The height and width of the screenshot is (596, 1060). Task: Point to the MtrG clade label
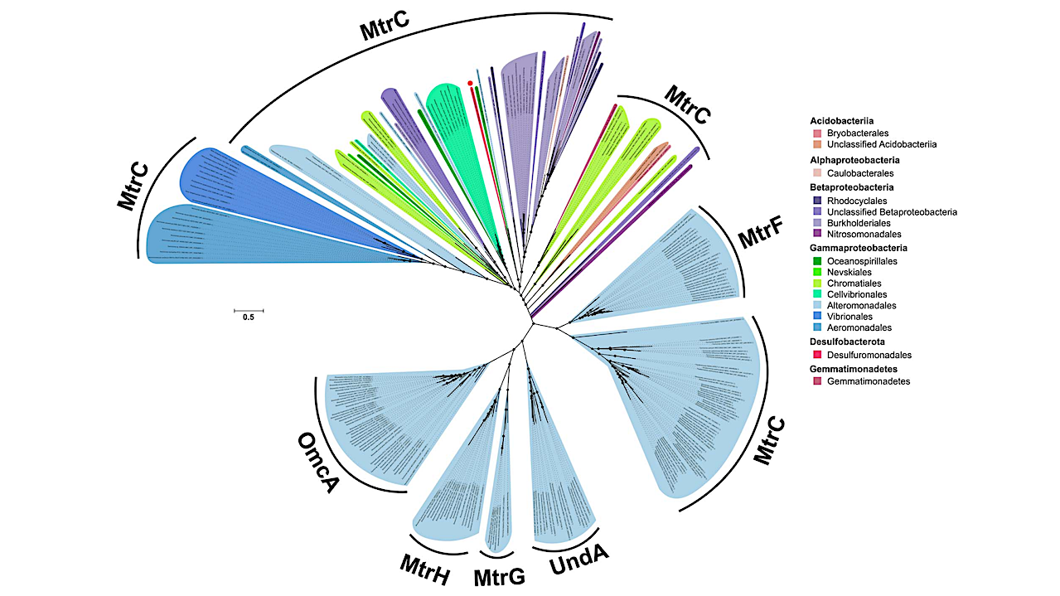(x=499, y=574)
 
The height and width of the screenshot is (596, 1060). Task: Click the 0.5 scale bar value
(x=248, y=317)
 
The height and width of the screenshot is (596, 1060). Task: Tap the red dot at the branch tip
(x=470, y=83)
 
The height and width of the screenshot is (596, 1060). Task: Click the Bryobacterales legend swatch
(x=817, y=133)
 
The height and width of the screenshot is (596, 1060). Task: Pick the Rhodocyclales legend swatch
(x=817, y=201)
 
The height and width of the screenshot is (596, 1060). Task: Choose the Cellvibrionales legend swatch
(x=817, y=294)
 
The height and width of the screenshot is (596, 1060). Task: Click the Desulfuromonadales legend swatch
(x=817, y=355)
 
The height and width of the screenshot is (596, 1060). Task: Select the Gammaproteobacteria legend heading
(x=859, y=247)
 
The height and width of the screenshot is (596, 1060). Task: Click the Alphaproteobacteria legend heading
(x=854, y=160)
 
